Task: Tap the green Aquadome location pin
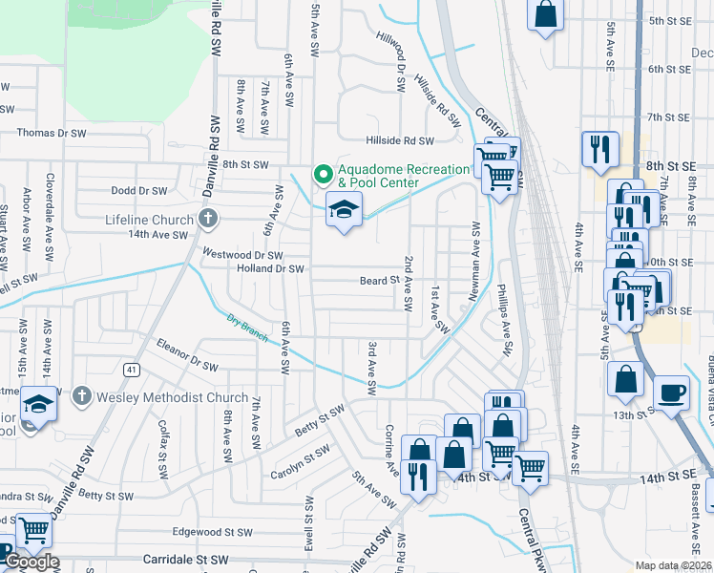tap(323, 175)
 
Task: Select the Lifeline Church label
tap(147, 220)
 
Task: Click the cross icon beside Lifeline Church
tap(206, 220)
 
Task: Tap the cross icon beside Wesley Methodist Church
tap(83, 395)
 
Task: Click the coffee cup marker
tap(671, 391)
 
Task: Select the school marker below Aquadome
tap(344, 209)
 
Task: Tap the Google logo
tap(31, 562)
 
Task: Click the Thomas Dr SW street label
tap(52, 134)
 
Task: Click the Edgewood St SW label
tap(212, 532)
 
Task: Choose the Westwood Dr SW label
tap(243, 255)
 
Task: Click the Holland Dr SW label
tap(270, 269)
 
